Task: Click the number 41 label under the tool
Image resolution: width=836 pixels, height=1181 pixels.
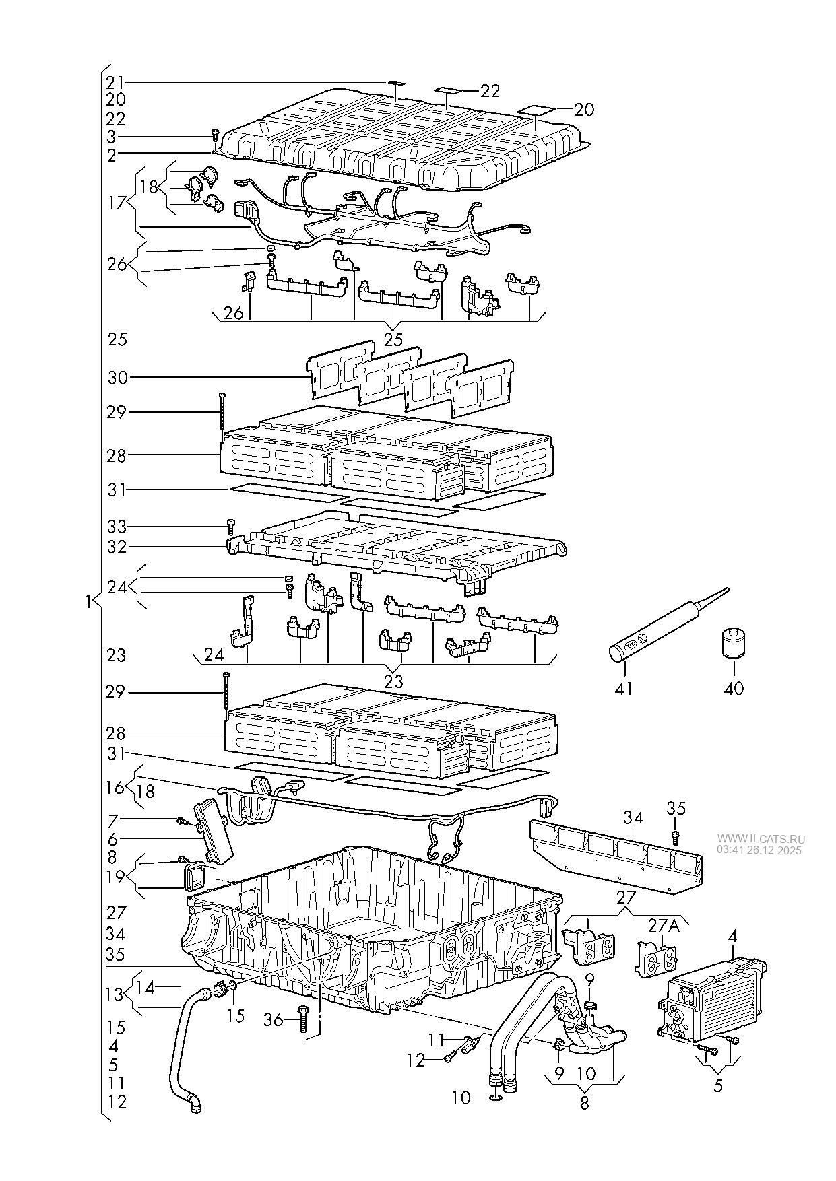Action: coord(624,689)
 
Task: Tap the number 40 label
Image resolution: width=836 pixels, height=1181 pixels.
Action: coord(734,689)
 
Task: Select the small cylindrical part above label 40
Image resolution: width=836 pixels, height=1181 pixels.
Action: coord(732,644)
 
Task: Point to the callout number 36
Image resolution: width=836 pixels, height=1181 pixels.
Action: coord(273,1021)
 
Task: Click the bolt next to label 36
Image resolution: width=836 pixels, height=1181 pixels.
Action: coord(302,1021)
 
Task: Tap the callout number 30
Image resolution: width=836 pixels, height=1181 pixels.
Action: coord(117,378)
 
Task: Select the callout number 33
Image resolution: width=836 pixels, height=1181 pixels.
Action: coord(117,526)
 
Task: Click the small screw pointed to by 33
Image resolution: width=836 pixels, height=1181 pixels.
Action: coord(231,527)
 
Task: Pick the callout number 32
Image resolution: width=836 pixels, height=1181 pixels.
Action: coord(117,547)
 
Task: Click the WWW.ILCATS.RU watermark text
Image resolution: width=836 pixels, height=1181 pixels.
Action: coord(761,839)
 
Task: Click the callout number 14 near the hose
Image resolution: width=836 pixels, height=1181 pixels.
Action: coord(146,988)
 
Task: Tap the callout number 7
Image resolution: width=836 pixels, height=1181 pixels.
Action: coord(112,819)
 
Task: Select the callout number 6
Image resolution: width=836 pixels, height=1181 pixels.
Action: coord(112,840)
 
